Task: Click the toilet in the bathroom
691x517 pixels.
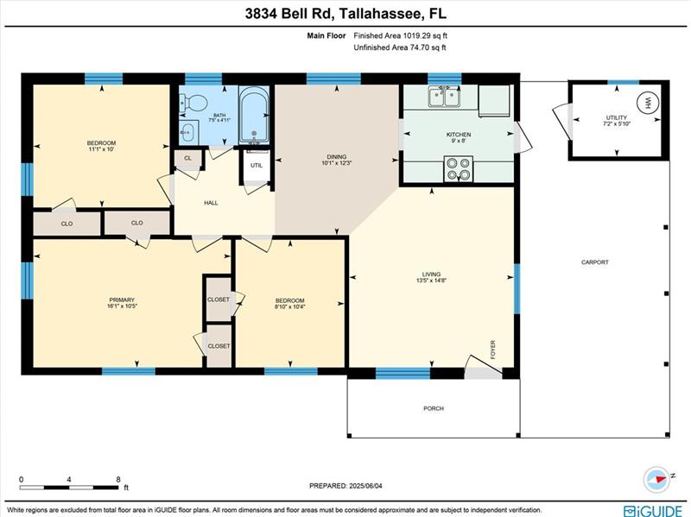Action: point(193,103)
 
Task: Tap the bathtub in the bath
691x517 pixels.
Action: point(254,115)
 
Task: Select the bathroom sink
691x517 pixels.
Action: point(188,132)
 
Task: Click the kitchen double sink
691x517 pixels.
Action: point(445,97)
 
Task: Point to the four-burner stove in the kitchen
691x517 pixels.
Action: point(459,169)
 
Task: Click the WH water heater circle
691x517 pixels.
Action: point(647,103)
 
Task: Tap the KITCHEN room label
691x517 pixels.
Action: point(459,135)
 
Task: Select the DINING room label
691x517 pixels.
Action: point(337,156)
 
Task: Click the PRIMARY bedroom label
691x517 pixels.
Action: point(122,299)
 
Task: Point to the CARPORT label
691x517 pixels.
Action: point(595,262)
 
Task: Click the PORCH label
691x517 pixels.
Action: point(434,408)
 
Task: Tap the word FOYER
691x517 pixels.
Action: point(492,350)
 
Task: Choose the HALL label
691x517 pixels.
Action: point(211,203)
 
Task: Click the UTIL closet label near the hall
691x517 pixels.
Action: point(257,166)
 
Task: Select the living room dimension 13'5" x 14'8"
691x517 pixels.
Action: point(431,281)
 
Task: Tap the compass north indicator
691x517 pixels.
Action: point(657,479)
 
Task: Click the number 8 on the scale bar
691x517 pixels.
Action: point(118,480)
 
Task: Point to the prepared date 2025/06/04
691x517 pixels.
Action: point(365,486)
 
